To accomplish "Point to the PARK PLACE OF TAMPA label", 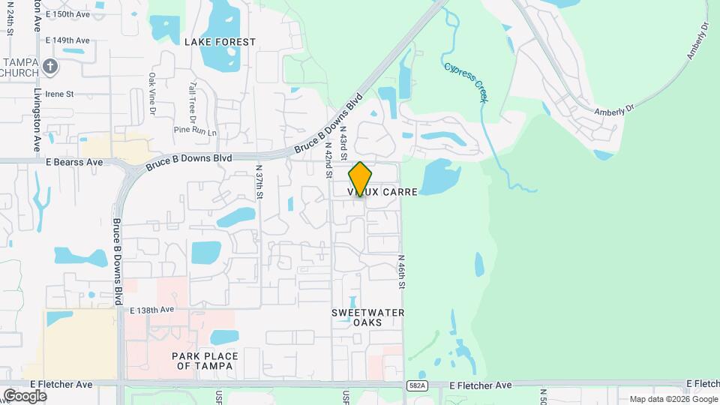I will pyautogui.click(x=205, y=361).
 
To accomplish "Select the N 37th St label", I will pyautogui.click(x=259, y=182).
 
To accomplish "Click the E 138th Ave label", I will pyautogui.click(x=151, y=310).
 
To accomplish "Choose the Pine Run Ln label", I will pyautogui.click(x=194, y=131).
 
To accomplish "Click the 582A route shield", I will pyautogui.click(x=418, y=385).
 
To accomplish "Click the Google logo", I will pyautogui.click(x=25, y=395).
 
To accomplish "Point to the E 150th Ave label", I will pyautogui.click(x=67, y=14).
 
